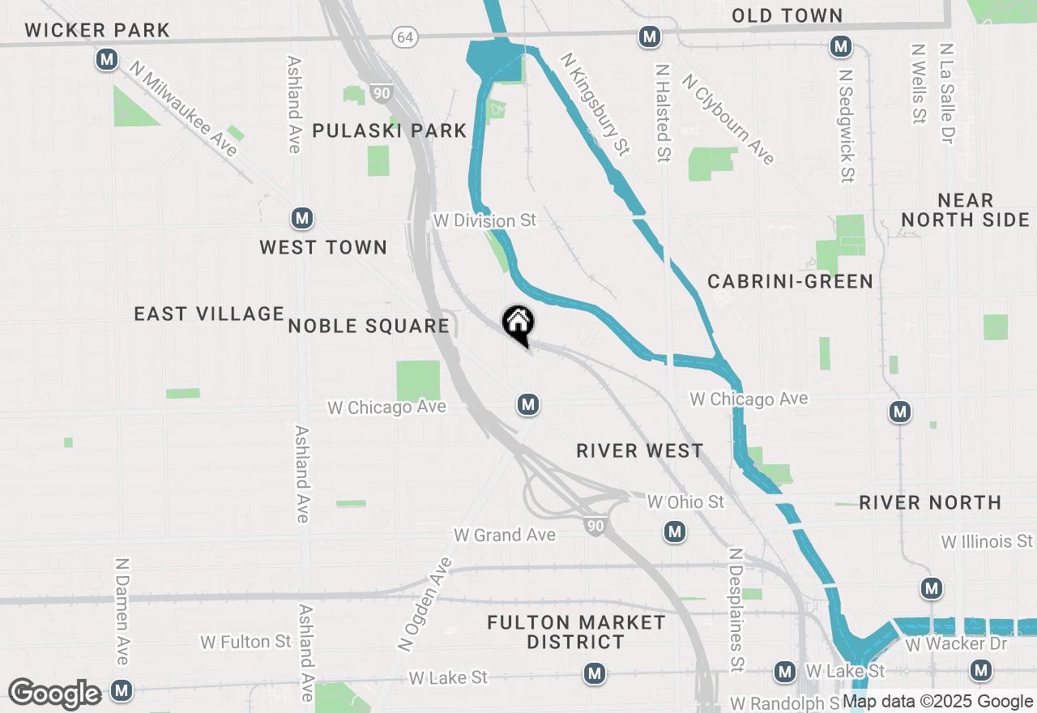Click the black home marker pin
point(518,324)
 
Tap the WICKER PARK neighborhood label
point(97,31)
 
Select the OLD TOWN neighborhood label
point(787,15)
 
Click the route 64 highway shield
point(403,36)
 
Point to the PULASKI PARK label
point(390,130)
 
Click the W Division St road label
point(484,220)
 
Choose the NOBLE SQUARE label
point(369,326)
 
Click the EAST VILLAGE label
point(209,314)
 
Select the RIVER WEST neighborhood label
point(640,450)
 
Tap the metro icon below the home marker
point(528,403)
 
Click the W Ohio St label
point(685,502)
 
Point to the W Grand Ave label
point(505,535)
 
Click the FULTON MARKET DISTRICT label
point(576,632)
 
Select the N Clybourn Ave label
point(728,120)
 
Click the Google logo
point(54,694)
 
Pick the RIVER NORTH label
point(930,503)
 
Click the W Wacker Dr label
point(956,644)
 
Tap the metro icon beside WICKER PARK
point(106,59)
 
